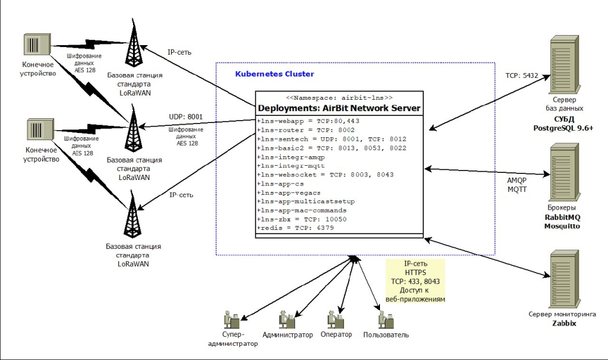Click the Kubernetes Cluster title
pos(274,74)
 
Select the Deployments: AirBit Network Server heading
pos(339,108)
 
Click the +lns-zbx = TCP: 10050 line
pos(302,219)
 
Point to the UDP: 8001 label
pos(186,118)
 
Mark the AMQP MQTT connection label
pos(514,184)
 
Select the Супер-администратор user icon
pos(231,321)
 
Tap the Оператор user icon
pos(335,319)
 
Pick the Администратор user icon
pos(287,319)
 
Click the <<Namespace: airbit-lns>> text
pos(339,97)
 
